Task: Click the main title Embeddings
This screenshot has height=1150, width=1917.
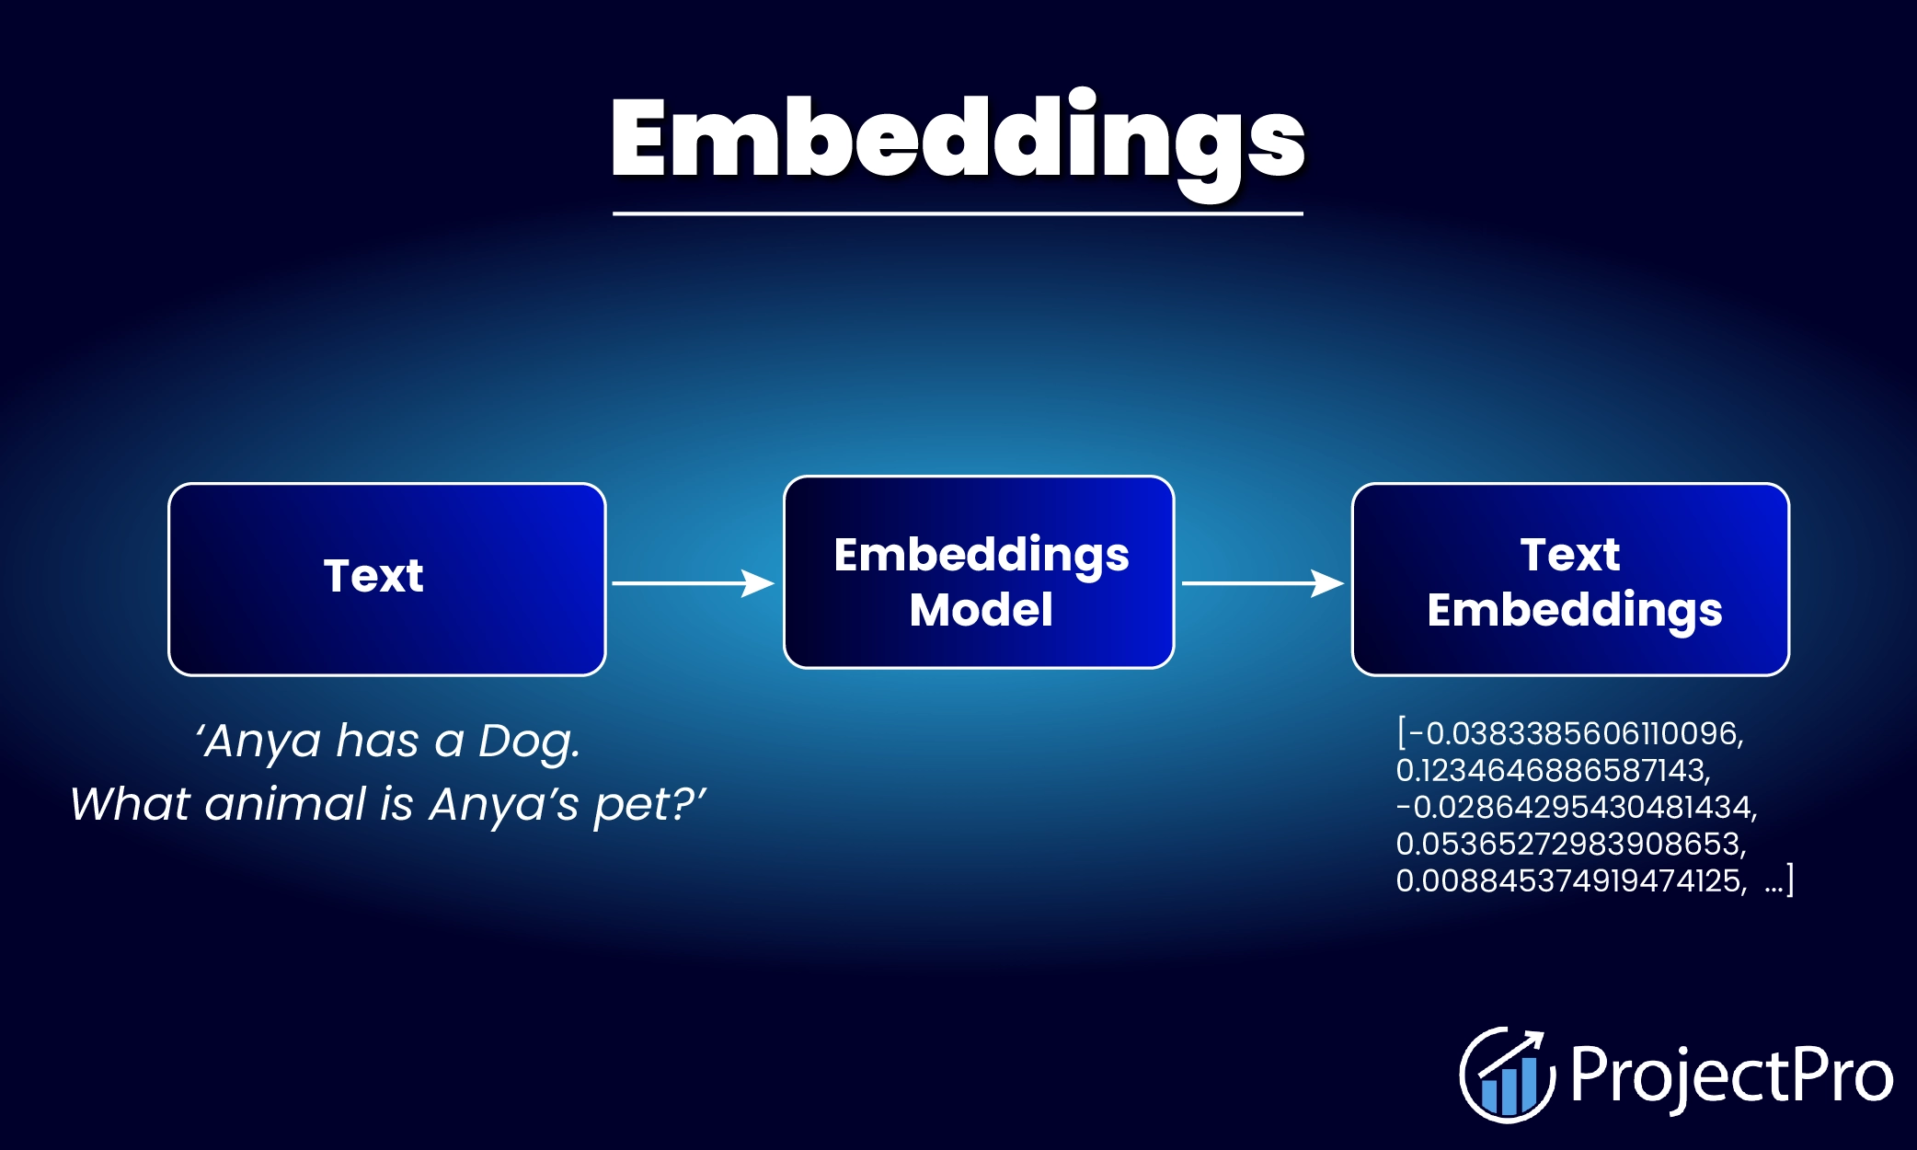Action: (x=957, y=138)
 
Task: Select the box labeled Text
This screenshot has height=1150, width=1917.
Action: (x=386, y=579)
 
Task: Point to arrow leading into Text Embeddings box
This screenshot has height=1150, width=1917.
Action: (x=1261, y=582)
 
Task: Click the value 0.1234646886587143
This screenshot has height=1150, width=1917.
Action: (x=1552, y=771)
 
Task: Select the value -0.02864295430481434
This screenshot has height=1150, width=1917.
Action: (x=1576, y=808)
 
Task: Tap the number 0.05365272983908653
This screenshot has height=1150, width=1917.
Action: (x=1570, y=845)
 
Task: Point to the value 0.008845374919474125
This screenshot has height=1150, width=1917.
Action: (x=1570, y=881)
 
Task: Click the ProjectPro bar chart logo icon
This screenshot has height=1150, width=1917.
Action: (x=1507, y=1075)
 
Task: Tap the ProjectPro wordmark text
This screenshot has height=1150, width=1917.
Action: (x=1731, y=1075)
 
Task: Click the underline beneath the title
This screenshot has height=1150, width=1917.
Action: (x=957, y=213)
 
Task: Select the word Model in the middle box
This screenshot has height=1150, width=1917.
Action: (x=981, y=610)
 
